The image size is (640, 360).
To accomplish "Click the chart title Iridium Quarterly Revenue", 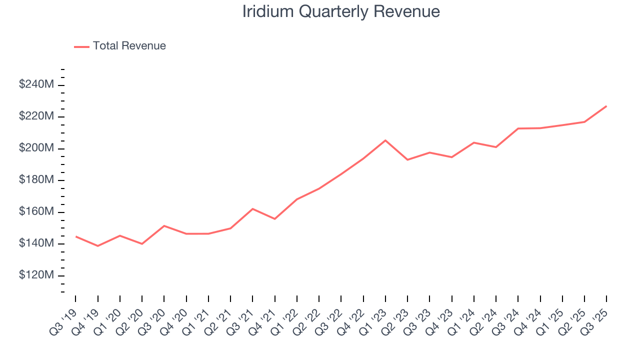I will pyautogui.click(x=341, y=11).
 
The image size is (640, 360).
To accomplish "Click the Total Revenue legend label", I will pyautogui.click(x=129, y=46).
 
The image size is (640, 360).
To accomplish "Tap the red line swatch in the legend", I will pyautogui.click(x=81, y=46).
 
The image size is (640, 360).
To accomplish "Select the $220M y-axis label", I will pyautogui.click(x=36, y=116).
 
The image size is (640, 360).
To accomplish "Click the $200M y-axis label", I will pyautogui.click(x=36, y=148).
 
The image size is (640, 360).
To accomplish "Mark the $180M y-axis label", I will pyautogui.click(x=36, y=180).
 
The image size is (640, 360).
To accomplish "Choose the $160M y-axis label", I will pyautogui.click(x=36, y=212).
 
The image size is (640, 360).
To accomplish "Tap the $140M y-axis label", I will pyautogui.click(x=36, y=243).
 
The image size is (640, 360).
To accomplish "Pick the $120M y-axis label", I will pyautogui.click(x=36, y=275).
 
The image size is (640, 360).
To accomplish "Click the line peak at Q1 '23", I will pyautogui.click(x=385, y=140).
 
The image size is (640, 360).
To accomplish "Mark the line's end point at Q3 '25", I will pyautogui.click(x=606, y=106).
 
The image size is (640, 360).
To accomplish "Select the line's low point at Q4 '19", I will pyautogui.click(x=97, y=246).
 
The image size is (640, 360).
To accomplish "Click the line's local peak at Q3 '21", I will pyautogui.click(x=252, y=208).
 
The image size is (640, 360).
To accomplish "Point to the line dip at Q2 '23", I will pyautogui.click(x=407, y=159).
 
